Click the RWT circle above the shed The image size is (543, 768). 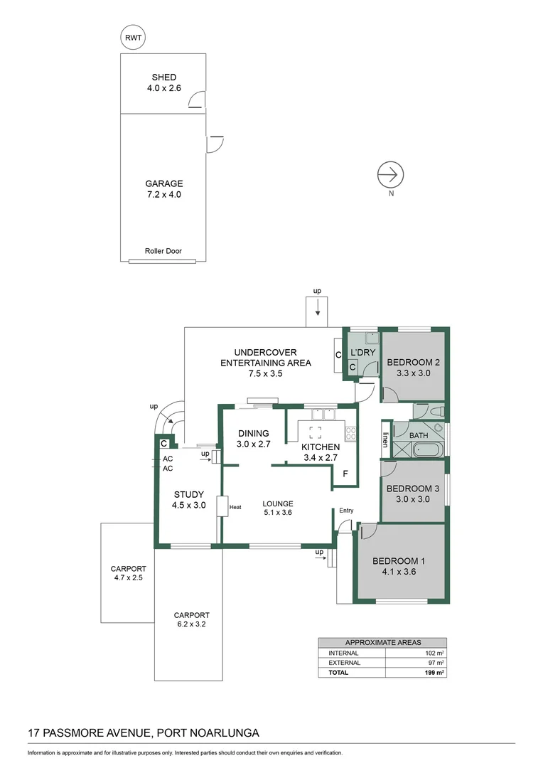pyautogui.click(x=133, y=39)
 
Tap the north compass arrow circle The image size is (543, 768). pyautogui.click(x=390, y=174)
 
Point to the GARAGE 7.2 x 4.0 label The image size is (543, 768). pyautogui.click(x=163, y=188)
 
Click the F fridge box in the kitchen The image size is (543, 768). pyautogui.click(x=345, y=474)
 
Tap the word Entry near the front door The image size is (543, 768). pyautogui.click(x=346, y=510)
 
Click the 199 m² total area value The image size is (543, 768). pyautogui.click(x=434, y=672)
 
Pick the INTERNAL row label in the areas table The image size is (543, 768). pyautogui.click(x=343, y=653)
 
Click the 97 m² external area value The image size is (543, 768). pyautogui.click(x=435, y=663)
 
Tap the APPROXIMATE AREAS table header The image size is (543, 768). pyautogui.click(x=382, y=641)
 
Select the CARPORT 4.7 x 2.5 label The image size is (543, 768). pyautogui.click(x=128, y=574)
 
